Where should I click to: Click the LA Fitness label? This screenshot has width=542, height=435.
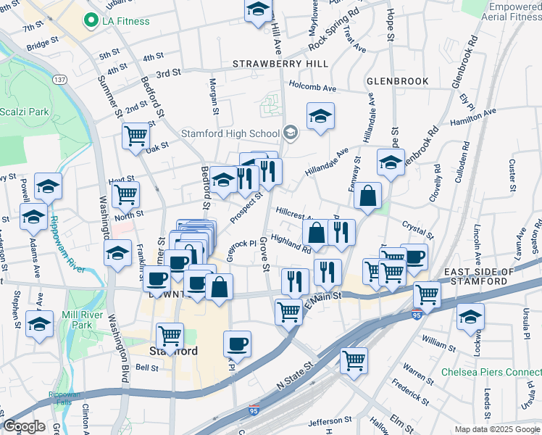125,21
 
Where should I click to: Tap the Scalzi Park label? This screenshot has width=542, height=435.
24,112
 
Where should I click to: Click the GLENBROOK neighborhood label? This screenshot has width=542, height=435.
398,80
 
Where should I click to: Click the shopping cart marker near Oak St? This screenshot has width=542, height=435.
135,136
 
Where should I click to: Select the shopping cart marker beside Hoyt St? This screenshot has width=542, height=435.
126,194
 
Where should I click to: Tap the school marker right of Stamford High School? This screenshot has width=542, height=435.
320,115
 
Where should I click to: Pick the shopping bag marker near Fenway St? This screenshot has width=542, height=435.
368,195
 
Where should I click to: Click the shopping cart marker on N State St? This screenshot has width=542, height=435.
354,360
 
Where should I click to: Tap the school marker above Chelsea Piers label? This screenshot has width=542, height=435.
470,316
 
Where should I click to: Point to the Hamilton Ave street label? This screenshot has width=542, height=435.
473,117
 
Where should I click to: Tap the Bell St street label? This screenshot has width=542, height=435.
147,368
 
